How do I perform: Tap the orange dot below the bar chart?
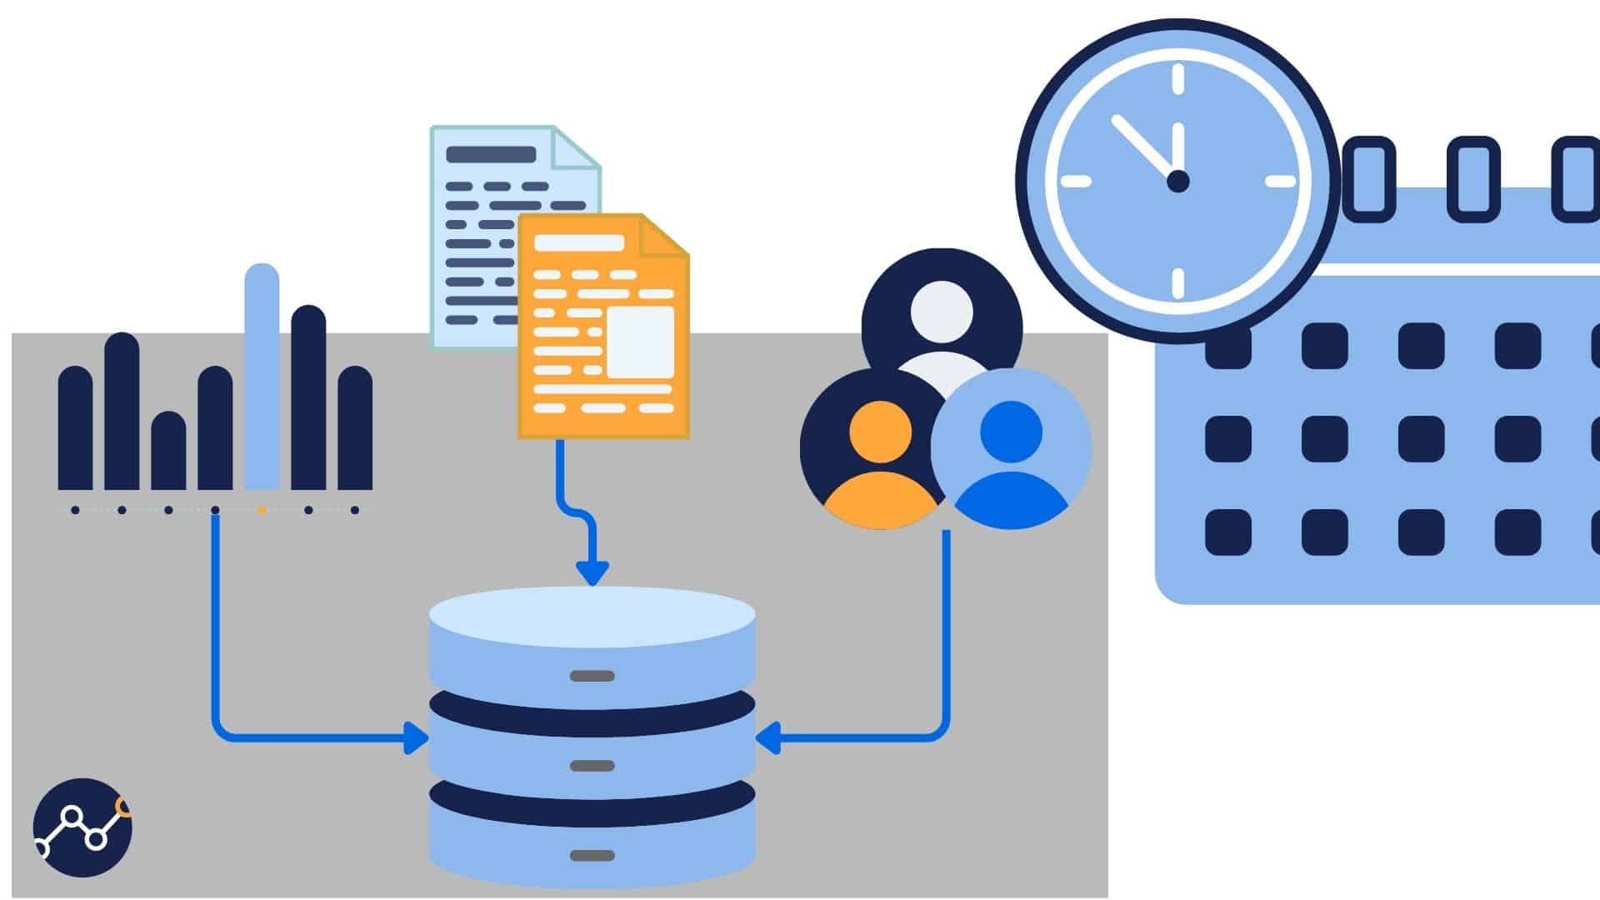(x=262, y=510)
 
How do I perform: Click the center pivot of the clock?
(x=1177, y=181)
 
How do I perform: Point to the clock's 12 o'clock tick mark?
(x=1177, y=80)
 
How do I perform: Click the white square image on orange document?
(x=639, y=342)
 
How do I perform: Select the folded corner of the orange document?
(x=663, y=236)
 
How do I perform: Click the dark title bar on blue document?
(x=491, y=155)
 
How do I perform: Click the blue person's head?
(x=1011, y=431)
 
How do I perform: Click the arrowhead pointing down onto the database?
(x=592, y=573)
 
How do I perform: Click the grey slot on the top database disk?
(x=592, y=676)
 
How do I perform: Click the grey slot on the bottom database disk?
(x=592, y=856)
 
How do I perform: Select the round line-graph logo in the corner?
(x=82, y=827)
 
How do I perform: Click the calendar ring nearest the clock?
(x=1369, y=179)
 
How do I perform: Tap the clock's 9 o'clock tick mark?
(x=1076, y=182)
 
